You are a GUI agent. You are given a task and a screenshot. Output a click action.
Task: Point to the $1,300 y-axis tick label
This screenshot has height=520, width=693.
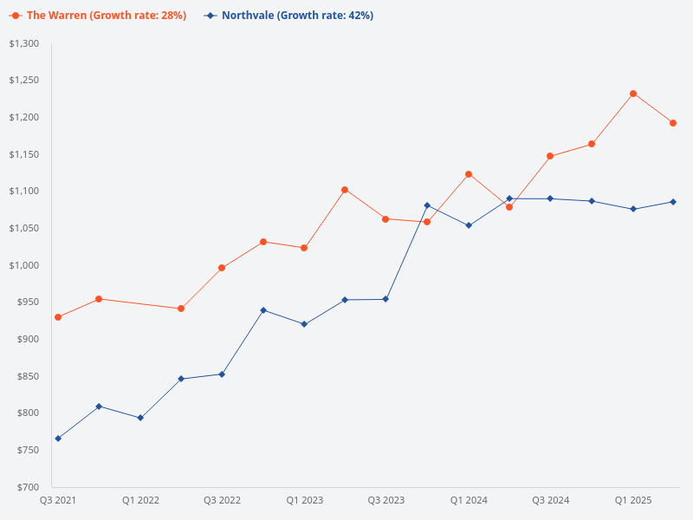tap(24, 43)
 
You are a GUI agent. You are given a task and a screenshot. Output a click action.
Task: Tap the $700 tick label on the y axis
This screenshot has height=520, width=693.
tap(28, 487)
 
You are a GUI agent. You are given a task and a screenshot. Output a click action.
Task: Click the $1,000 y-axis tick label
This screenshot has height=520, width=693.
tap(24, 265)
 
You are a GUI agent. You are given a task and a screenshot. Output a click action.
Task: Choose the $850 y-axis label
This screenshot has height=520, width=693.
tap(28, 376)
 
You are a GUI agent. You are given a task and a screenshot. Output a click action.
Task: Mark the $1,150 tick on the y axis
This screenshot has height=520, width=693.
tap(24, 154)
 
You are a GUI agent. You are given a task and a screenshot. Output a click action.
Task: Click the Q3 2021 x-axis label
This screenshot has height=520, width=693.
tap(58, 500)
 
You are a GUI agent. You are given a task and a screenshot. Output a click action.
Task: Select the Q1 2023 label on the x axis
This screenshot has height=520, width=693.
tap(304, 500)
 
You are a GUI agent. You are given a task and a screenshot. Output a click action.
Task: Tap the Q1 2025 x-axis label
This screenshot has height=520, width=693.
tap(633, 500)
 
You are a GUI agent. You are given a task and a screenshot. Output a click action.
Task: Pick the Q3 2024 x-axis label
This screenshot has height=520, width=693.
tap(551, 500)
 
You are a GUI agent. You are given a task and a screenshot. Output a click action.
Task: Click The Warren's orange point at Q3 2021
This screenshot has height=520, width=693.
tap(58, 317)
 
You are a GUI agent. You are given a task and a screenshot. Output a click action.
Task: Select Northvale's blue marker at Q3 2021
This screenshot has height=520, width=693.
tap(58, 439)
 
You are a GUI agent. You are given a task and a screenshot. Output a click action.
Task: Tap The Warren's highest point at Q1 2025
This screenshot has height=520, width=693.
tap(633, 94)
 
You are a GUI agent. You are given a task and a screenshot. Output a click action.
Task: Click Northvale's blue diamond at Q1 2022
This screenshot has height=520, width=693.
tap(140, 418)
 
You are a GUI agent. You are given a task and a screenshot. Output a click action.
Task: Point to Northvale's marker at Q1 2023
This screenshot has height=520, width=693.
tap(304, 324)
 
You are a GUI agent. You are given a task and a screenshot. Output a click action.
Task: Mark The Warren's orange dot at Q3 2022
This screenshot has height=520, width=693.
tap(222, 268)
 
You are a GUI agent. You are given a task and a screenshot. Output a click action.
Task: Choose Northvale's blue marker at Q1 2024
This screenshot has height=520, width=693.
tap(469, 225)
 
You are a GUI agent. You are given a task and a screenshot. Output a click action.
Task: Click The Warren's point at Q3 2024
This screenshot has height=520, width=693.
tap(550, 156)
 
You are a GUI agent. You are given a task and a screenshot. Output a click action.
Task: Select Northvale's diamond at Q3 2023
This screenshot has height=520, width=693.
tap(385, 299)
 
